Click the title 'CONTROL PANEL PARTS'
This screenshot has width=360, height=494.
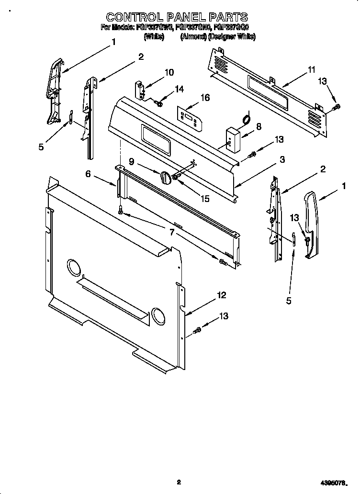click(x=177, y=17)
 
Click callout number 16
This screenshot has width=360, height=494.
click(x=205, y=98)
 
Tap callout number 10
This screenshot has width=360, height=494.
click(x=169, y=72)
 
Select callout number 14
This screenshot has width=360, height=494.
click(x=179, y=89)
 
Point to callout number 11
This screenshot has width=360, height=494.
click(x=312, y=70)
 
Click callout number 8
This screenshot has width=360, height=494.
click(x=259, y=126)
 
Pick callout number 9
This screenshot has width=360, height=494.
click(x=131, y=162)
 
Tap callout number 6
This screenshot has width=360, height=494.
click(x=88, y=174)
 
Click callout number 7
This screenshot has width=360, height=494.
click(x=171, y=233)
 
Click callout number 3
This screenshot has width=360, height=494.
click(x=282, y=159)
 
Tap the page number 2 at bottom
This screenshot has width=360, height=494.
click(x=178, y=482)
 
